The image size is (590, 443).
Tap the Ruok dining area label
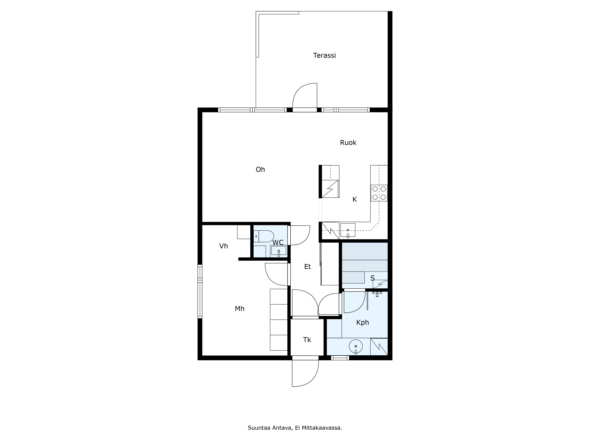pyautogui.click(x=348, y=143)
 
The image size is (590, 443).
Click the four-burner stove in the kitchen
pyautogui.click(x=379, y=193)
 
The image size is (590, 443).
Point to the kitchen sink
pyautogui.click(x=348, y=230)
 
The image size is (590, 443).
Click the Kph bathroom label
pyautogui.click(x=363, y=323)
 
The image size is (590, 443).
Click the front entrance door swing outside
pyautogui.click(x=309, y=379)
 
